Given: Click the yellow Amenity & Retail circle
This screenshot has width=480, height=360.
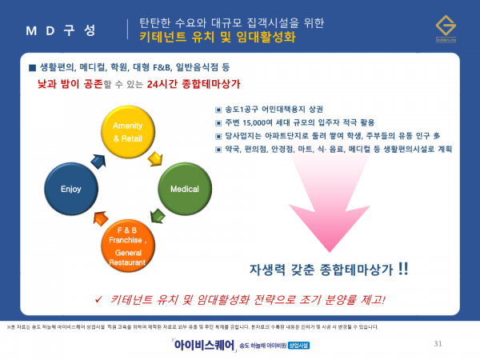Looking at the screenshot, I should pos(127,132).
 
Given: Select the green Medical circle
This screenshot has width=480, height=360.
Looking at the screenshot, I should pos(184,190).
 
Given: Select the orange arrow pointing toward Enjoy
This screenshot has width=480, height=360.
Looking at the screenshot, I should pos(100,219).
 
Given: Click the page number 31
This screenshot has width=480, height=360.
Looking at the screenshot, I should pos(437,344).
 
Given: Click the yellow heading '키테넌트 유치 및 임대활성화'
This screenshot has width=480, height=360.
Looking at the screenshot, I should pos(217,38).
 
